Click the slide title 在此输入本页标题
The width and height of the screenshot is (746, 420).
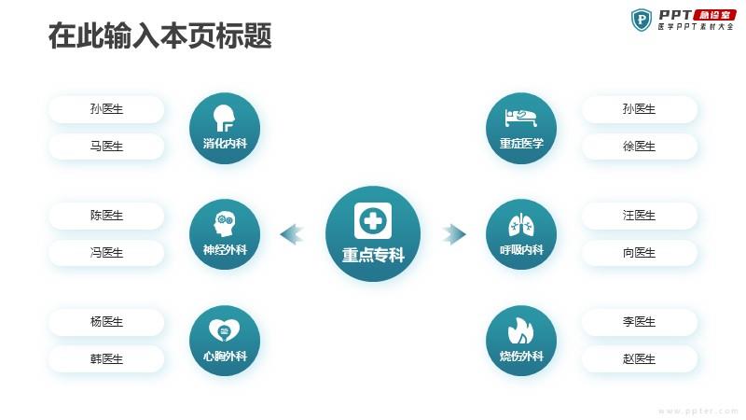[x=159, y=35]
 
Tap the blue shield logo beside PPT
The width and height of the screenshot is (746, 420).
[x=641, y=20]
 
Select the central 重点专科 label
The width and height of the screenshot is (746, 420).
[x=373, y=255]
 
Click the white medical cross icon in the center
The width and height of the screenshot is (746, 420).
[x=373, y=220]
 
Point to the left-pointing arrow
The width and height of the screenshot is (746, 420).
[x=292, y=234]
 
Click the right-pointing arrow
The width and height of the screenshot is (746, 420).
[x=454, y=234]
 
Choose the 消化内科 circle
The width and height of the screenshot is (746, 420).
[x=225, y=129]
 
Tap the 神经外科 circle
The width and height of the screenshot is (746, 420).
[x=225, y=234]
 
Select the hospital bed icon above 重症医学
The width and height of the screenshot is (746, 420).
[x=521, y=118]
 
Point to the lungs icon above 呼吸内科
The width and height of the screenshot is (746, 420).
[x=521, y=224]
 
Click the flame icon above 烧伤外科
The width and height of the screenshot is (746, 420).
[x=521, y=330]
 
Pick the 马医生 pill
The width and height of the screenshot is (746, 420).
[x=106, y=147]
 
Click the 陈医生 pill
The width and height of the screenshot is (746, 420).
[x=106, y=216]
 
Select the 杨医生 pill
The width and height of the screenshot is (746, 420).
[x=106, y=322]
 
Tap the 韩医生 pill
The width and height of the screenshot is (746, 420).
[x=106, y=359]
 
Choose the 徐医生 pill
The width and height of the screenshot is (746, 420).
[x=639, y=147]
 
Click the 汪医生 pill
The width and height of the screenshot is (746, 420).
[x=639, y=216]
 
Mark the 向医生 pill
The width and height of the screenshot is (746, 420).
[x=639, y=253]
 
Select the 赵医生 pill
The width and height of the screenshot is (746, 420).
[x=639, y=359]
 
